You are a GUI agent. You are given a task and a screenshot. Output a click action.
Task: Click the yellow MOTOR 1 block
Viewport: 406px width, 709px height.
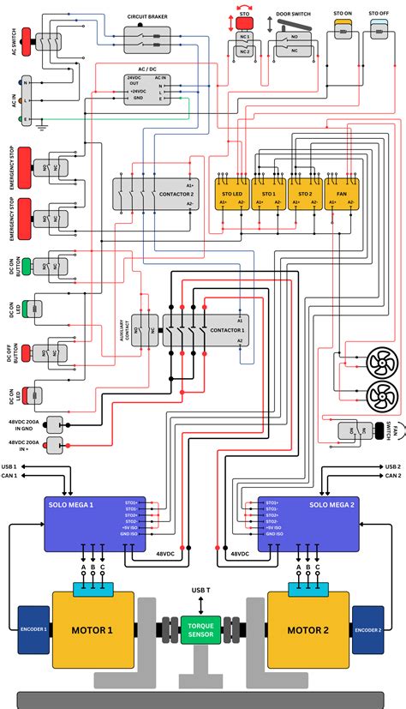[93, 630]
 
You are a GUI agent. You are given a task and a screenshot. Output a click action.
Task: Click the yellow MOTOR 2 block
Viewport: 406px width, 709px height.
[308, 630]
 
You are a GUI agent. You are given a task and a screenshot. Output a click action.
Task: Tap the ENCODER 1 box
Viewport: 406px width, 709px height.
[34, 628]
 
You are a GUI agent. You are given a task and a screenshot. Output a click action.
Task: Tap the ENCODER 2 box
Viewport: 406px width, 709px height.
[367, 628]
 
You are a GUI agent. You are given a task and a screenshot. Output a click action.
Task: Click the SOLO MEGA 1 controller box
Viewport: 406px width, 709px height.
[94, 523]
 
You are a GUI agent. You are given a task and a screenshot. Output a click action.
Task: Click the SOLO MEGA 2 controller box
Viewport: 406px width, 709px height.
[309, 523]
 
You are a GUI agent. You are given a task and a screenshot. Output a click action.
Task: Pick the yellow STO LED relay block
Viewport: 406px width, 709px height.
[232, 194]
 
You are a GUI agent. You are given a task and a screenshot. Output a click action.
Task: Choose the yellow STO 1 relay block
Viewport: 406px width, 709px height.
[268, 194]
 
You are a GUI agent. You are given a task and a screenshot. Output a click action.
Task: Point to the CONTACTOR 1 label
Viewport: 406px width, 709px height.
[227, 330]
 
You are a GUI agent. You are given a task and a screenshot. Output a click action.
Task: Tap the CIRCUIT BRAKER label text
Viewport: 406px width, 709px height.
[146, 15]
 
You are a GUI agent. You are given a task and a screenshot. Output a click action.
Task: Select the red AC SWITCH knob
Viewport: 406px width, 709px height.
[27, 39]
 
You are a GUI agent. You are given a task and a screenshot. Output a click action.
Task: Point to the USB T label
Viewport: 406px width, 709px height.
[200, 591]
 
